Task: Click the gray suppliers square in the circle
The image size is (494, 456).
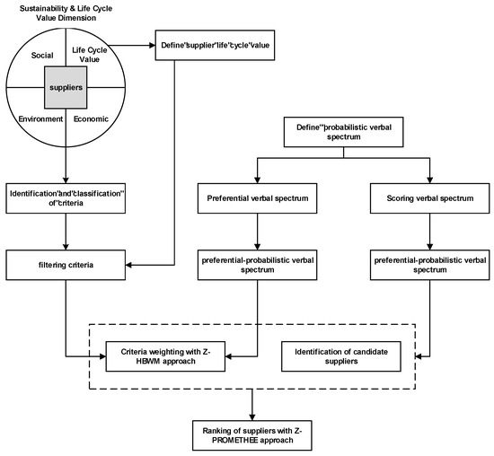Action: coord(66,87)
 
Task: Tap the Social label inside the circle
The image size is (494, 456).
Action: coord(42,56)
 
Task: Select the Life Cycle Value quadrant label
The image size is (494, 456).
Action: coord(90,55)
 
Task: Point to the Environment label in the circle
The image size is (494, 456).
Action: coord(40,119)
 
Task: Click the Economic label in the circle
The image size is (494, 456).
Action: coord(91,119)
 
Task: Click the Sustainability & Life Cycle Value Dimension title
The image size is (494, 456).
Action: coord(66,13)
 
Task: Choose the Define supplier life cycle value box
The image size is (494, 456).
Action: coord(215,45)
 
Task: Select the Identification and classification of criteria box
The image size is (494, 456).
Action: coord(66,198)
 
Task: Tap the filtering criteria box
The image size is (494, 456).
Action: coord(66,265)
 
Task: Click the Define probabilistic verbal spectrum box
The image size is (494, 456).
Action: coord(343,132)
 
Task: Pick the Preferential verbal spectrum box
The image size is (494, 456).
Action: coord(258,198)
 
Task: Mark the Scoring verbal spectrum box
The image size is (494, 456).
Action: coord(430,198)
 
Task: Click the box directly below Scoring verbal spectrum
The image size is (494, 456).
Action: coord(430,265)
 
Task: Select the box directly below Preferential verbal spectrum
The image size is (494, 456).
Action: coord(258,265)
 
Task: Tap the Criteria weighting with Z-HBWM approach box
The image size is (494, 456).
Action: coord(165,356)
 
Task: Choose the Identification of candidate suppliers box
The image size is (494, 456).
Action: coord(341,356)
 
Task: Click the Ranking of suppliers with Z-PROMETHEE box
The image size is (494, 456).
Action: coord(252,435)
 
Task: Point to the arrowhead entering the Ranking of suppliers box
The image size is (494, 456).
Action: coord(252,417)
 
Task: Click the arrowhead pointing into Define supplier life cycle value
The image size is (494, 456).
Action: coord(152,46)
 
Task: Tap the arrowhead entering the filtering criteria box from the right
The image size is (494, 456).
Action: coord(128,265)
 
